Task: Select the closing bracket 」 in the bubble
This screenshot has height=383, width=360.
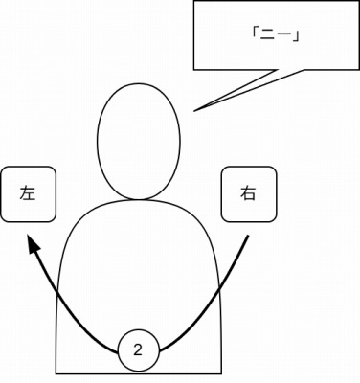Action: tap(298, 36)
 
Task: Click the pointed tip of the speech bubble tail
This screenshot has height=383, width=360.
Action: tap(194, 111)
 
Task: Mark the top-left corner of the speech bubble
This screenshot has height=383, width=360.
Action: tap(194, 1)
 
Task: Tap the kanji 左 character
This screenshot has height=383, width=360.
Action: tap(28, 193)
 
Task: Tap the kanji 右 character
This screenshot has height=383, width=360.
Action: tap(248, 193)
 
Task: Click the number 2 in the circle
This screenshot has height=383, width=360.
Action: tap(139, 349)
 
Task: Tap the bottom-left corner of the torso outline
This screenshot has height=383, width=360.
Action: tap(56, 372)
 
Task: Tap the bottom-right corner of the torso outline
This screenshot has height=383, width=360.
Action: tap(221, 372)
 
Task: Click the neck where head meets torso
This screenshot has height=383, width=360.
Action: tap(139, 199)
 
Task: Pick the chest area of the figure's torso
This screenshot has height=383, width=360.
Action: tap(139, 259)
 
